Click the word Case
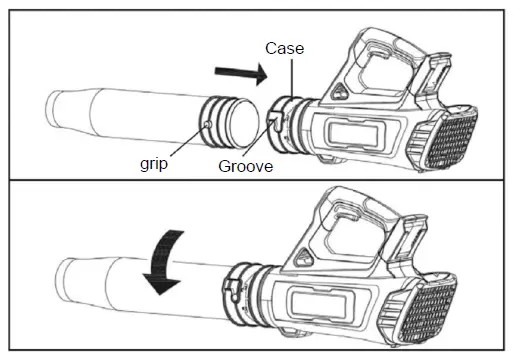pyautogui.click(x=284, y=47)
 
